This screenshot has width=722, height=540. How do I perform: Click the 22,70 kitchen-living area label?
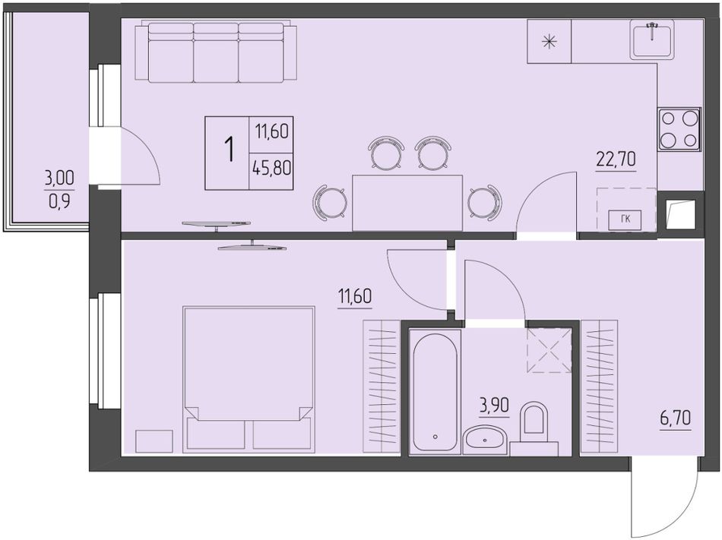point(616,159)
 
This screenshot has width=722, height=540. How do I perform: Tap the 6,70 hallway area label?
point(676,418)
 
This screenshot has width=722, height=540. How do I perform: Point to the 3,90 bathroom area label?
point(495,406)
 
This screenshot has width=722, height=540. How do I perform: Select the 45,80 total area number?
point(271,168)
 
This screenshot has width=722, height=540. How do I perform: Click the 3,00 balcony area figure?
point(59,178)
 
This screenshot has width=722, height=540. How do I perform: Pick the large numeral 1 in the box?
point(229,149)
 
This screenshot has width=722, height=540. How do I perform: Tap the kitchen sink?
point(653,39)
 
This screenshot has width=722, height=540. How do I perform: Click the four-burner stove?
point(679,129)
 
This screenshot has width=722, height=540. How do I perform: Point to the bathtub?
point(435,392)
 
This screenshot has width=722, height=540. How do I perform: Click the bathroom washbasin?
point(486,439)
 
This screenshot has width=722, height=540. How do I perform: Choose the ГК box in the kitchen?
point(625,219)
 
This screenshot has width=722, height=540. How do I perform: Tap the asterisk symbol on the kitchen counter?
point(549,43)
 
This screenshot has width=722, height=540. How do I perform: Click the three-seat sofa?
point(216,52)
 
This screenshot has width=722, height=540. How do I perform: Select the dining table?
point(407,203)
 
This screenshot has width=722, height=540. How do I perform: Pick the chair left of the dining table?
point(330,201)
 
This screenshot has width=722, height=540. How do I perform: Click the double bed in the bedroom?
point(249,377)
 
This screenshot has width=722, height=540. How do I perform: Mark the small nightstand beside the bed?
point(154,441)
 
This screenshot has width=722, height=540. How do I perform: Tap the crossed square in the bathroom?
point(549,350)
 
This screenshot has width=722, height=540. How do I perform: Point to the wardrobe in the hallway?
point(599,387)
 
